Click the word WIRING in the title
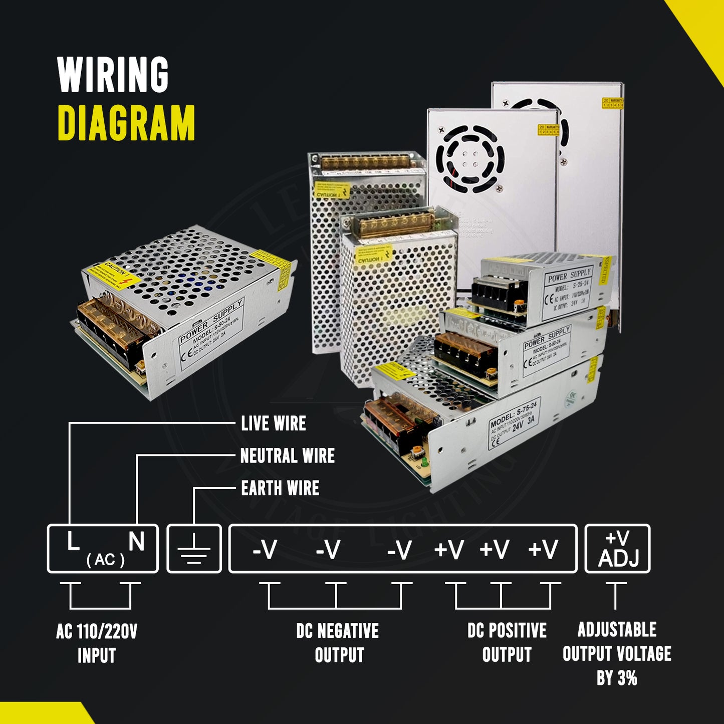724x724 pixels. coord(113,75)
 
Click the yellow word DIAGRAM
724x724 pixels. coord(126,123)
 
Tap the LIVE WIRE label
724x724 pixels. coord(273,423)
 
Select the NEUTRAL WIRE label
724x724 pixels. coord(287,456)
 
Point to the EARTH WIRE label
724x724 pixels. coord(280,488)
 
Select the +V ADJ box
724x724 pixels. coord(617,549)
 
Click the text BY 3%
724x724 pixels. coord(617,678)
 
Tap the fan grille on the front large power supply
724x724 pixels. coord(469,159)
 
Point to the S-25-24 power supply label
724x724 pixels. coord(569,289)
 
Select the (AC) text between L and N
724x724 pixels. coord(105,559)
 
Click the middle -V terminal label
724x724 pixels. coord(328,550)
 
